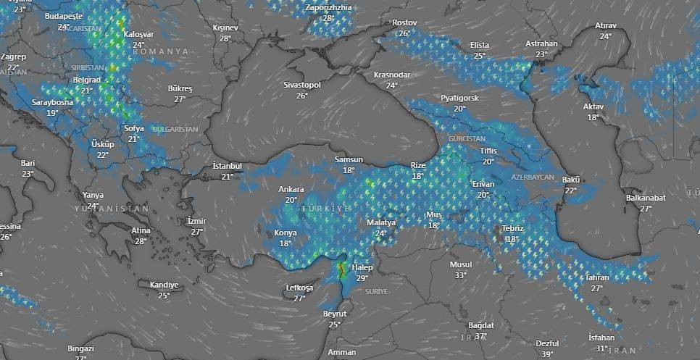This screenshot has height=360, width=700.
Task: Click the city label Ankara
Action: click(x=291, y=190)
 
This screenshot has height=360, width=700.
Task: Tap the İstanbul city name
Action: click(x=227, y=167)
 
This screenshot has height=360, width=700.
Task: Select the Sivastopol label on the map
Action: click(x=302, y=85)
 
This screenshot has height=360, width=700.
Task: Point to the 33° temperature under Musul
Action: click(x=460, y=275)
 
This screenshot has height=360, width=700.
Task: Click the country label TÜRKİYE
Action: click(x=327, y=208)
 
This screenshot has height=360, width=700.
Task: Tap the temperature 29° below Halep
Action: click(x=362, y=278)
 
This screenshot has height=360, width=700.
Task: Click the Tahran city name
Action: click(x=597, y=278)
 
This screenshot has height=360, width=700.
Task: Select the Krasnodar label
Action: click(x=392, y=75)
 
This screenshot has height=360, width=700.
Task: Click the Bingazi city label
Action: click(x=80, y=348)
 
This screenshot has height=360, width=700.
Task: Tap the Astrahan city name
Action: click(x=542, y=44)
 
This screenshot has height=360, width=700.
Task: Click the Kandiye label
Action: click(x=164, y=285)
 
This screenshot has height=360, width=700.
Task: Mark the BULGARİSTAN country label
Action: click(x=175, y=129)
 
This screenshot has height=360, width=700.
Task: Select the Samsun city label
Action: click(x=349, y=160)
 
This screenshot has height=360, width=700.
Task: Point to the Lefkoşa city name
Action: click(x=299, y=288)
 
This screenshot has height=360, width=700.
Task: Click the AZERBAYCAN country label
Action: click(x=533, y=177)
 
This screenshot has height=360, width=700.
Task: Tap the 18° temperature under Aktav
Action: click(x=593, y=117)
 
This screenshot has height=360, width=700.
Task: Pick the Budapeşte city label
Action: click(x=64, y=16)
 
